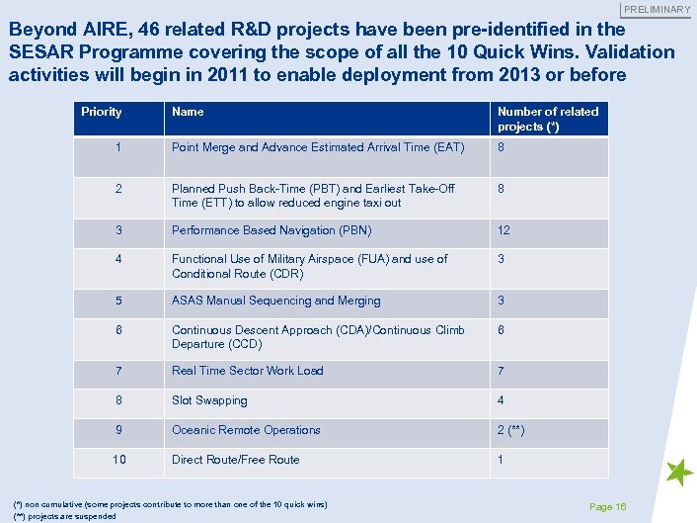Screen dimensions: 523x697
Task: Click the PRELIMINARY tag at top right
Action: point(657,9)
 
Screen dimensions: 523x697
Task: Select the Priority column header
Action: point(102,112)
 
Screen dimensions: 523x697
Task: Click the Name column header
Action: point(188,112)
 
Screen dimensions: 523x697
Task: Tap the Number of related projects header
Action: point(548,119)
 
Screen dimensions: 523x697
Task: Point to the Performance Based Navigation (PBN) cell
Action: point(271,230)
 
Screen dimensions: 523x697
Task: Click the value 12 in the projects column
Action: point(503,230)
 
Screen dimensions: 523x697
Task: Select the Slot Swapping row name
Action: point(209,400)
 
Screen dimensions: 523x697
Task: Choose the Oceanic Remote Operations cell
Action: point(246,430)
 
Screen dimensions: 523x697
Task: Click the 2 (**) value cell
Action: point(511,430)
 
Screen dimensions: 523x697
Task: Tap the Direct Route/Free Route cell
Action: point(235,460)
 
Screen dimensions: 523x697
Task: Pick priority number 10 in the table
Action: point(118,460)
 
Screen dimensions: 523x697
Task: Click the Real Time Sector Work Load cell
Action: point(247,371)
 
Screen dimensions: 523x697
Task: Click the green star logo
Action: point(679,474)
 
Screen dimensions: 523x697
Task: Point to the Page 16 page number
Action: point(607,506)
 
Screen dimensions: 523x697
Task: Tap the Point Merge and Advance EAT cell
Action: point(317,147)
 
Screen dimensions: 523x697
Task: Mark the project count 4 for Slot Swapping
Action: point(502,400)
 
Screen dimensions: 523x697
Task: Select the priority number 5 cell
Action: point(118,301)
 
